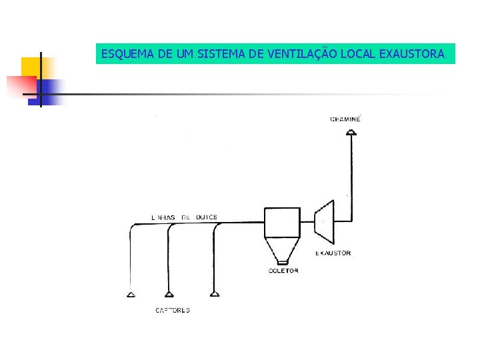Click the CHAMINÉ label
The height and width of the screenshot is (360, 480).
[345, 119]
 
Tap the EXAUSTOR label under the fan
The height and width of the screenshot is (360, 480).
[333, 253]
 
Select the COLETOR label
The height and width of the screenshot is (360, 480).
[283, 271]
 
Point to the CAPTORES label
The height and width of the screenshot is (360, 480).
[172, 310]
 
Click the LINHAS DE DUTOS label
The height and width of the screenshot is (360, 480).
[184, 217]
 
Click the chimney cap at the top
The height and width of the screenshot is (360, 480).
[351, 132]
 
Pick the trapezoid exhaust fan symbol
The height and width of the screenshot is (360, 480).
[325, 221]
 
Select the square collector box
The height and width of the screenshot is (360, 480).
[283, 223]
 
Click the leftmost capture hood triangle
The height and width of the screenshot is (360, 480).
[131, 294]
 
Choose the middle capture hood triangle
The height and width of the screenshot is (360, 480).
[170, 294]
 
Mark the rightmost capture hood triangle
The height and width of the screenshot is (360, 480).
[215, 294]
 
